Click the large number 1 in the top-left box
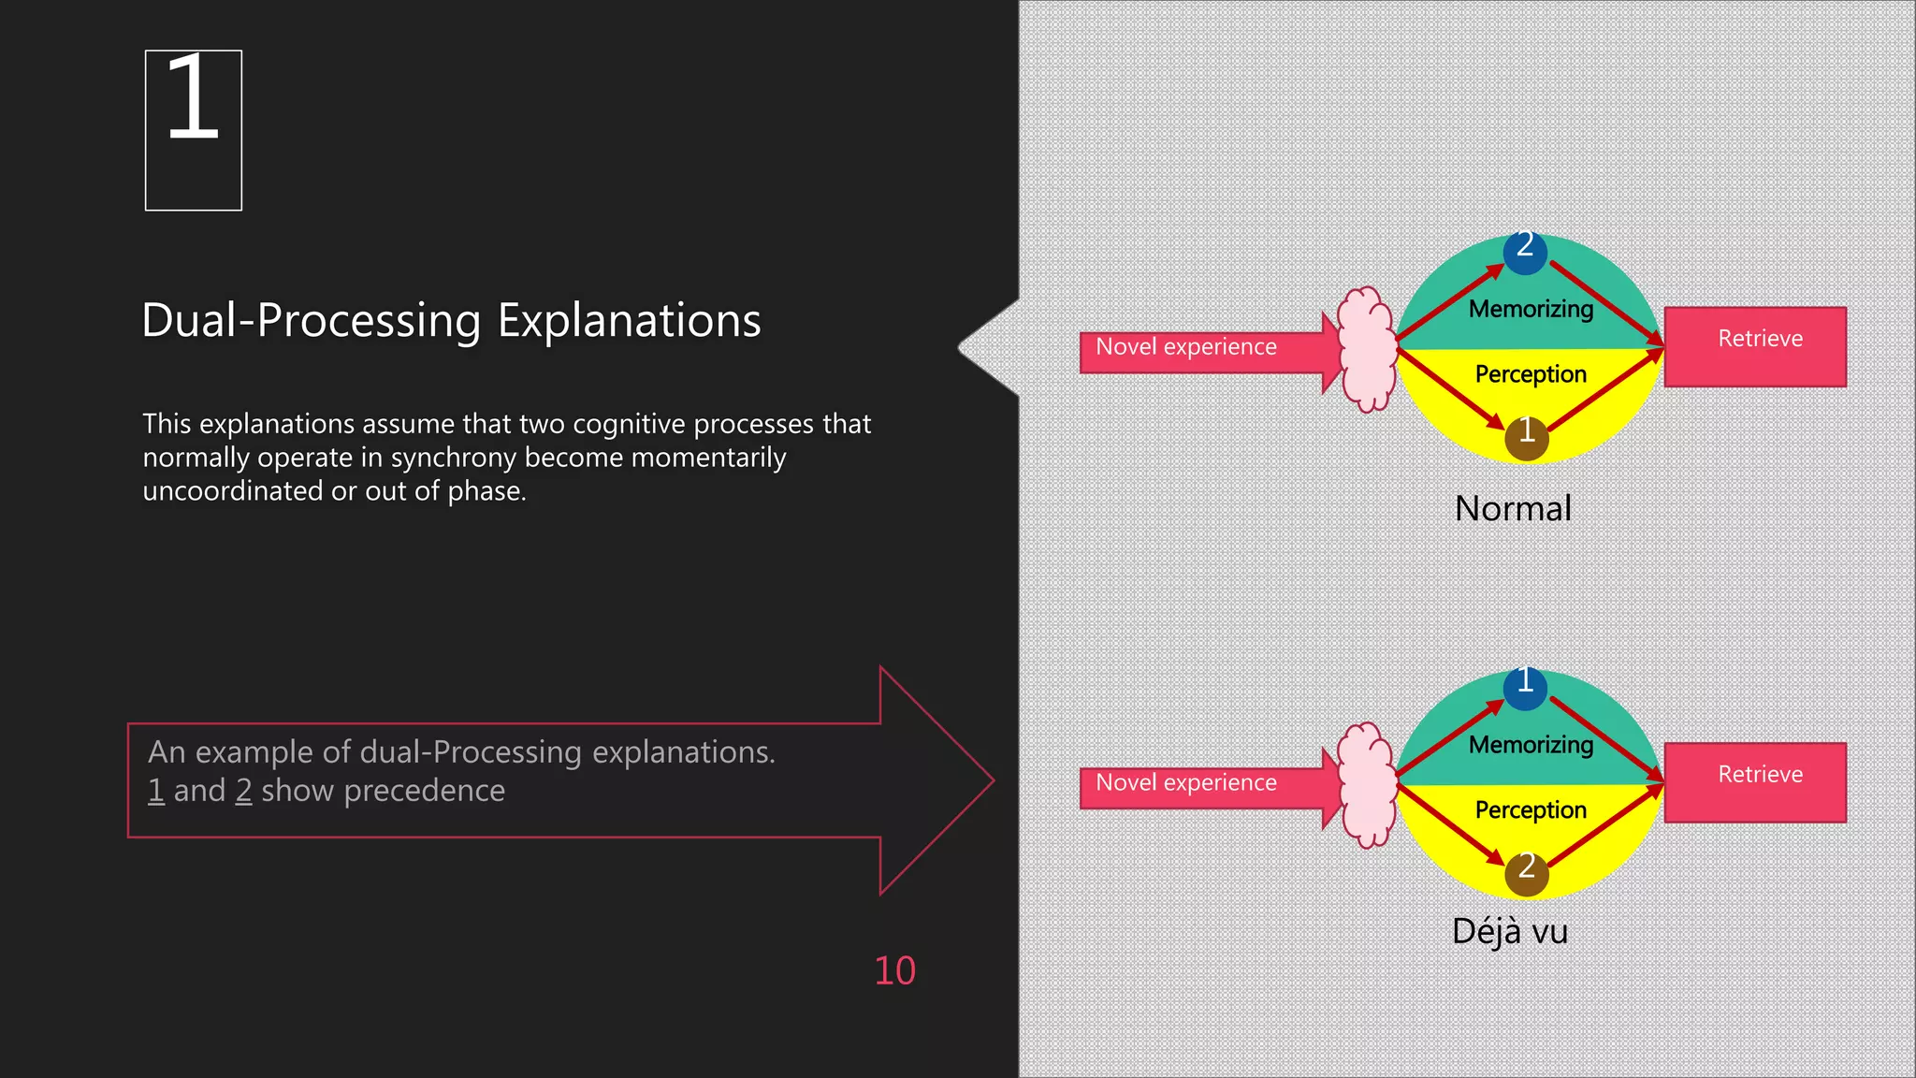[193, 98]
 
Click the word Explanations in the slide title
[629, 321]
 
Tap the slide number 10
[894, 971]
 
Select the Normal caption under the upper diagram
[1513, 509]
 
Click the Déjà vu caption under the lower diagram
[1509, 932]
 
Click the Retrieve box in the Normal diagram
[1755, 346]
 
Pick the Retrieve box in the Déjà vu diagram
[1755, 782]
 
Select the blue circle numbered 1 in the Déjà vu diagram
[1525, 687]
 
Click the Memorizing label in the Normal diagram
[1531, 309]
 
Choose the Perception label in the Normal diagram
[1531, 374]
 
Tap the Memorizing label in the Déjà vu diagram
[1531, 745]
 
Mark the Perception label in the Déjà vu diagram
[1531, 810]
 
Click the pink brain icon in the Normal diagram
[1368, 349]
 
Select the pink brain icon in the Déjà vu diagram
[1368, 785]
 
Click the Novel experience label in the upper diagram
[1186, 347]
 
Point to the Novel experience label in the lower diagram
[1186, 783]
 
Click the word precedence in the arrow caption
[424, 792]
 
